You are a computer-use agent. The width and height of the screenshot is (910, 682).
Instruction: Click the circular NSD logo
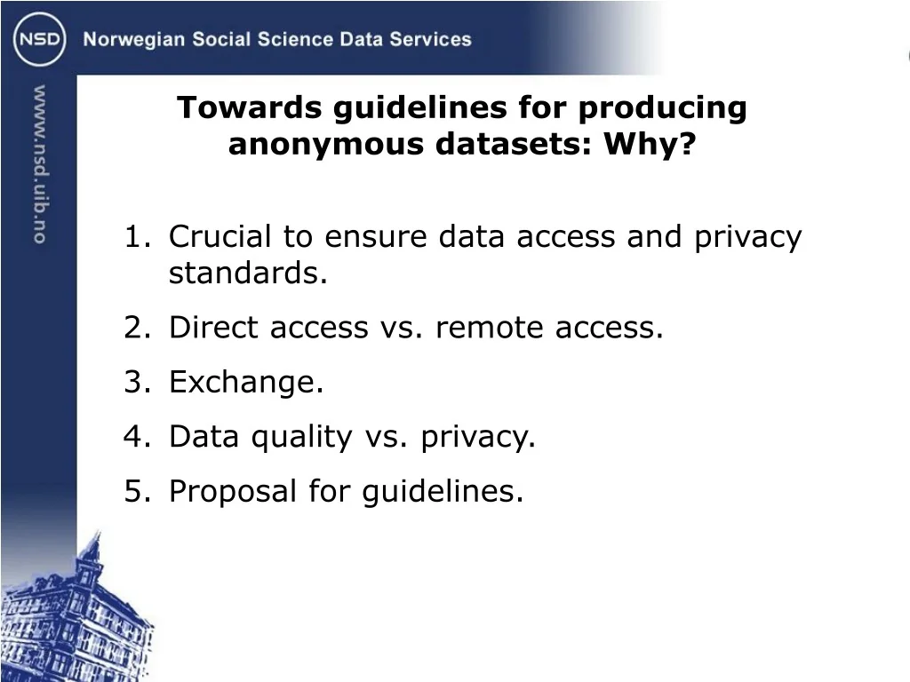point(39,39)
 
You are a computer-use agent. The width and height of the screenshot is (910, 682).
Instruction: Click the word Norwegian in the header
point(134,40)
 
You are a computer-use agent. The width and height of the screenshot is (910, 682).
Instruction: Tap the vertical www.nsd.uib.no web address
point(39,164)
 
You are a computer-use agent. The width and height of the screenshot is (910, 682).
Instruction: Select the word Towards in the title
point(249,107)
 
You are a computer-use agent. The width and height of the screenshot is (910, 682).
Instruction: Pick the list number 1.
point(137,236)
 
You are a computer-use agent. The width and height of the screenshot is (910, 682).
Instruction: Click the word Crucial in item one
point(220,236)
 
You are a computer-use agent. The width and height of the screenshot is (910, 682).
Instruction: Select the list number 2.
point(137,328)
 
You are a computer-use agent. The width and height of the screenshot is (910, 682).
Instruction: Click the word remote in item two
point(490,328)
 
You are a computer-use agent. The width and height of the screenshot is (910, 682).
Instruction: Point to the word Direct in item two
point(213,327)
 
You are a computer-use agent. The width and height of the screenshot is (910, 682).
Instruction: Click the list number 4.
point(137,436)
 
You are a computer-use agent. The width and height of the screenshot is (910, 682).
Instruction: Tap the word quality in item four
point(301,438)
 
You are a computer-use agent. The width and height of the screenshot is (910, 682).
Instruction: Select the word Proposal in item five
point(232,492)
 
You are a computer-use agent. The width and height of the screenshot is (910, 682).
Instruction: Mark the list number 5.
point(137,491)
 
